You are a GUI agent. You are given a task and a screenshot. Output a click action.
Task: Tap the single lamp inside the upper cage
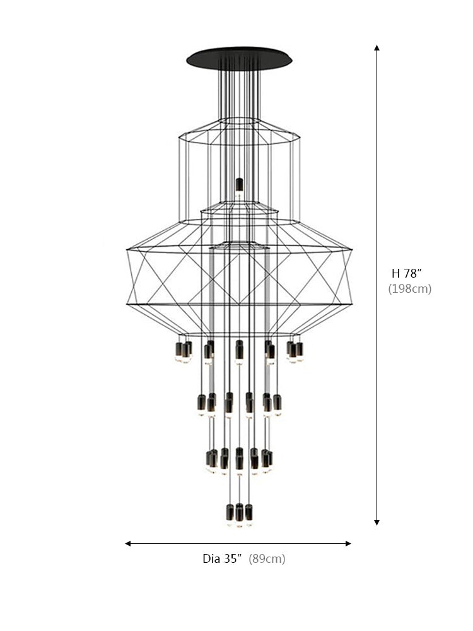coord(239,185)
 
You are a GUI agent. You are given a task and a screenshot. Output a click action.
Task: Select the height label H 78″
coord(406,273)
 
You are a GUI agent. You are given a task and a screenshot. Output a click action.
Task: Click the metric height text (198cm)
coord(409,289)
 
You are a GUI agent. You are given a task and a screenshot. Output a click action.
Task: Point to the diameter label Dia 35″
coord(223,558)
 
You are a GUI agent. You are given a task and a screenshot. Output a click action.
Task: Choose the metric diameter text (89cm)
coord(267,558)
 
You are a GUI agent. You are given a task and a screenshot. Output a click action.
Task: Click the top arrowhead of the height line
coord(377,47)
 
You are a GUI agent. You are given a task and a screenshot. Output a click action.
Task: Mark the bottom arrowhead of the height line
coord(377,522)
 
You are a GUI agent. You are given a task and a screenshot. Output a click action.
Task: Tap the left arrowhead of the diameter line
coord(128,543)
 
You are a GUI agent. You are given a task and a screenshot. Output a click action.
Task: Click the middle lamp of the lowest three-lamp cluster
coord(239,513)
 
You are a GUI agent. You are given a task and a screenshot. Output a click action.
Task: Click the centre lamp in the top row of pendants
coord(239,351)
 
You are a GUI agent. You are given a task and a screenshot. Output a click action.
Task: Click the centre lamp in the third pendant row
coord(239,459)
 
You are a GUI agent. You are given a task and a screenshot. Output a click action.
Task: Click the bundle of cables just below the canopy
coord(239,88)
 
